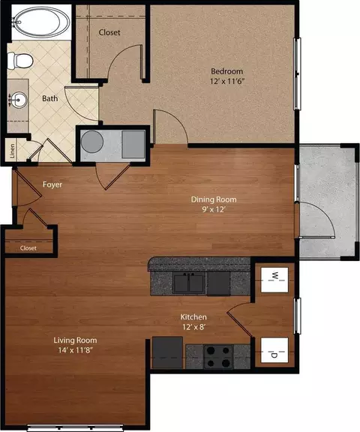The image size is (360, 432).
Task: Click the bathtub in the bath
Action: pos(41,22)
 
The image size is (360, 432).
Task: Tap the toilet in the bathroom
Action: pos(20,61)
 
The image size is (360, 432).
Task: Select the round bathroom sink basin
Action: pos(19,100)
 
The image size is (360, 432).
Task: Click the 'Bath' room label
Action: pos(49,98)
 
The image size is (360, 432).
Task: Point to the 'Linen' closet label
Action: pos(13,151)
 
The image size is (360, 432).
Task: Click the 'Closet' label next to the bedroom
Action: pos(109,32)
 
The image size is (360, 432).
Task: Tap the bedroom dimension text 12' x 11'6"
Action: pos(227,82)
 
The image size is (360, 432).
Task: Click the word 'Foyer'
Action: pos(52,184)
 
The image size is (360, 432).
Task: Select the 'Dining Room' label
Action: pos(214,199)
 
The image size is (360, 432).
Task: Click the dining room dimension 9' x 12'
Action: pos(214,210)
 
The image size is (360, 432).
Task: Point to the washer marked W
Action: pos(274,280)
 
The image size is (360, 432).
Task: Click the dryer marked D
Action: pos(274,350)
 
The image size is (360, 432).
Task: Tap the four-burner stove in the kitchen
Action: pos(218,356)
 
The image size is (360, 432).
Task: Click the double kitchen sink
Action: pos(189,283)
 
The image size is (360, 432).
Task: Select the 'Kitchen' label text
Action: pos(193,317)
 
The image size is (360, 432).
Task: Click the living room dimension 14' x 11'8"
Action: pos(75,350)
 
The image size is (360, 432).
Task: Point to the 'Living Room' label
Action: pos(75,340)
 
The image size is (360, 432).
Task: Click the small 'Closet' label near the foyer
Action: pos(28,248)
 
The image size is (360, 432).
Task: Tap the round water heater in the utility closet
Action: pos(92,142)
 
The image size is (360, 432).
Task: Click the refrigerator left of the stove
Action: pos(168,352)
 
